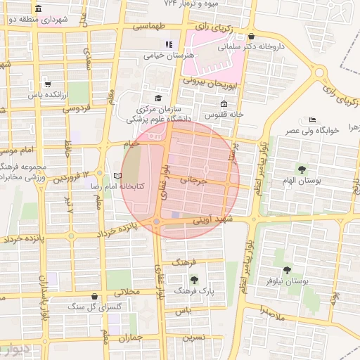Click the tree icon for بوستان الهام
302,169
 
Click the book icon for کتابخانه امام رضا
117,176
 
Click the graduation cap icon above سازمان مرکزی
158,98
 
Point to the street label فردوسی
76,109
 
